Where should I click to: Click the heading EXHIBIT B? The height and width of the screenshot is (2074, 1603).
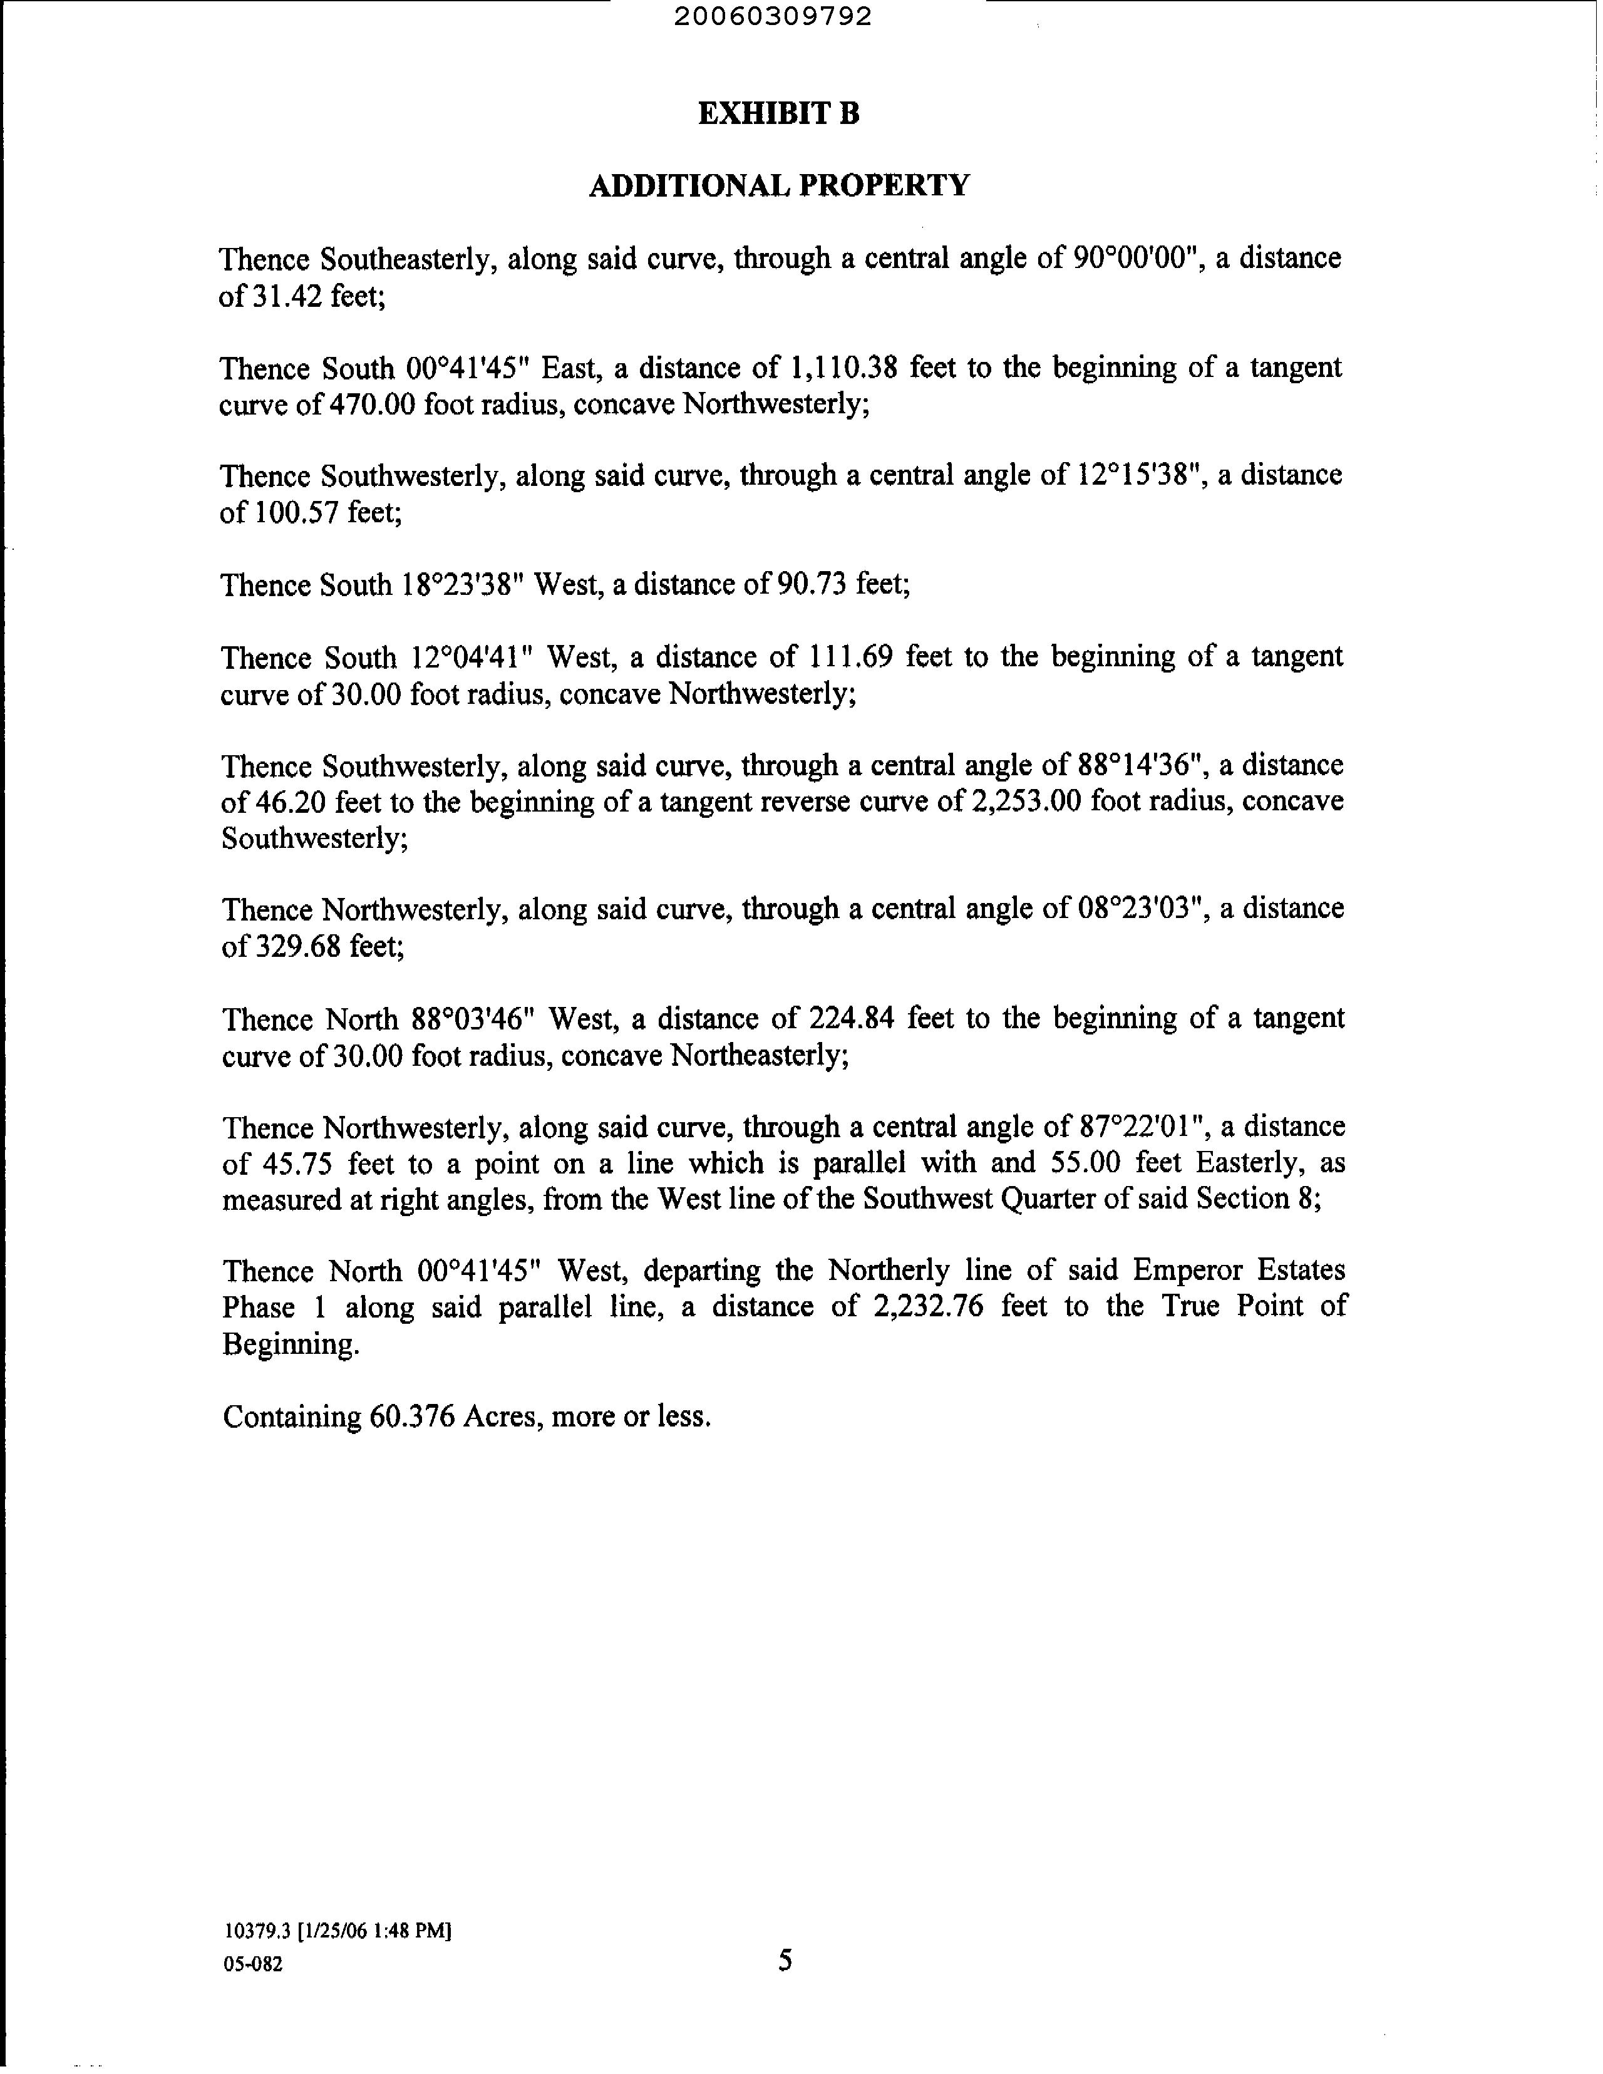pyautogui.click(x=779, y=114)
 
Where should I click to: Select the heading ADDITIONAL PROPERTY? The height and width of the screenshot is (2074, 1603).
pyautogui.click(x=779, y=185)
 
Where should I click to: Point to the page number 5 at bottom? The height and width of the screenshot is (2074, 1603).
pyautogui.click(x=785, y=1960)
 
